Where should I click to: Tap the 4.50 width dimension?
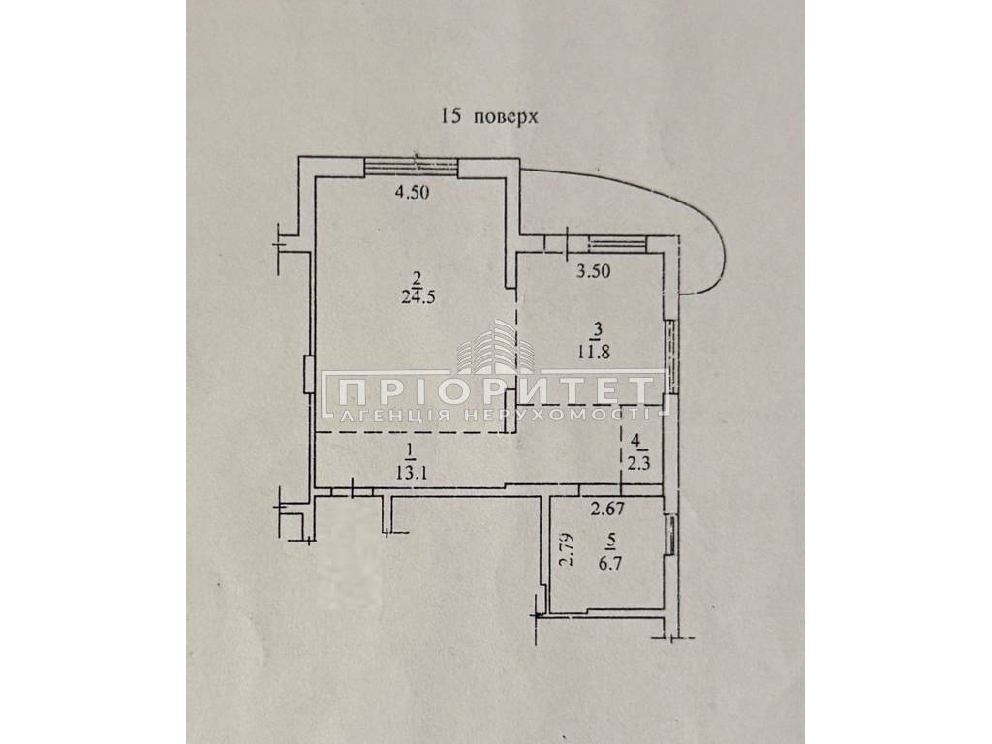point(411,192)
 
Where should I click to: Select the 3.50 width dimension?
point(594,271)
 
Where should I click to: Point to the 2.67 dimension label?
point(609,507)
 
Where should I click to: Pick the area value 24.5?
point(420,297)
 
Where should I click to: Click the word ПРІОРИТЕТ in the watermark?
point(496,393)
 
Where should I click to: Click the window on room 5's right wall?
point(671,537)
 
